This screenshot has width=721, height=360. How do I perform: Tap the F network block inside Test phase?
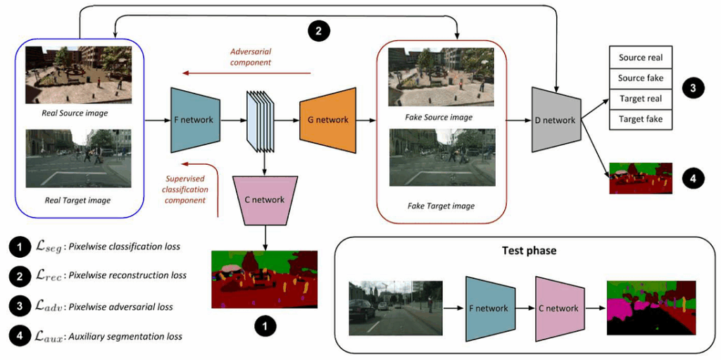click(491, 308)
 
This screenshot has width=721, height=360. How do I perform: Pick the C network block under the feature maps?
click(264, 199)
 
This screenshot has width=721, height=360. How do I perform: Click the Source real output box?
click(641, 58)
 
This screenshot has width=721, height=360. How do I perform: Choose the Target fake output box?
click(641, 119)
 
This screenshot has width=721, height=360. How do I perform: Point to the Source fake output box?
click(641, 78)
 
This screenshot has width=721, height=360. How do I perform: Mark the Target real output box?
click(641, 99)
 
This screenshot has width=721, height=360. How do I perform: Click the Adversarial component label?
click(251, 57)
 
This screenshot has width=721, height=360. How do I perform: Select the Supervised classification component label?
click(186, 190)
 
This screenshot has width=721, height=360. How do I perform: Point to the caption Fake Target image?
click(441, 206)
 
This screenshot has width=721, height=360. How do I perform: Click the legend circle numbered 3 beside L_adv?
click(18, 306)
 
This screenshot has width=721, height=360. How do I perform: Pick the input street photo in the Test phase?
click(395, 308)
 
